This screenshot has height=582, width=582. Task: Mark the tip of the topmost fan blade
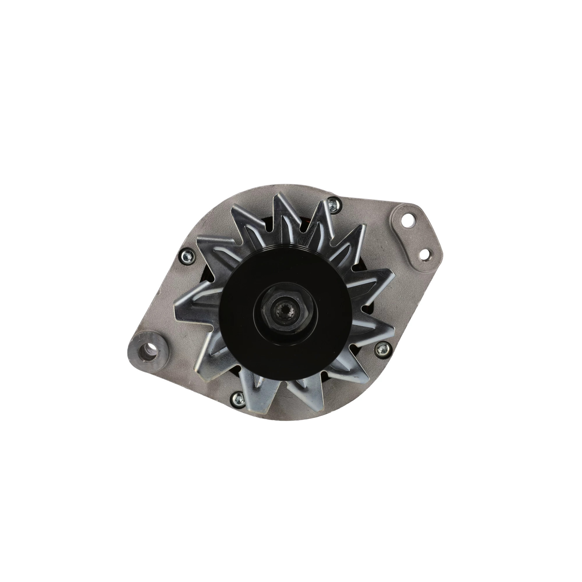click(x=280, y=196)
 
